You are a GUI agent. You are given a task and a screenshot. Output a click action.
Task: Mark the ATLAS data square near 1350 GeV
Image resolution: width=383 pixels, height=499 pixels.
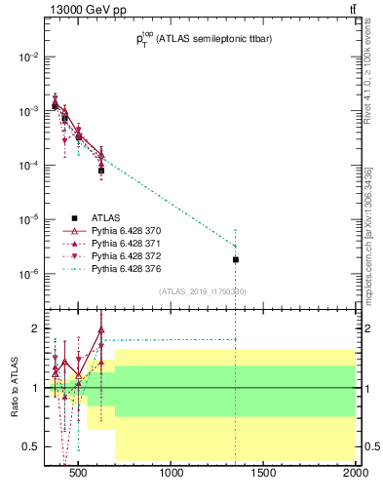236,259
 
